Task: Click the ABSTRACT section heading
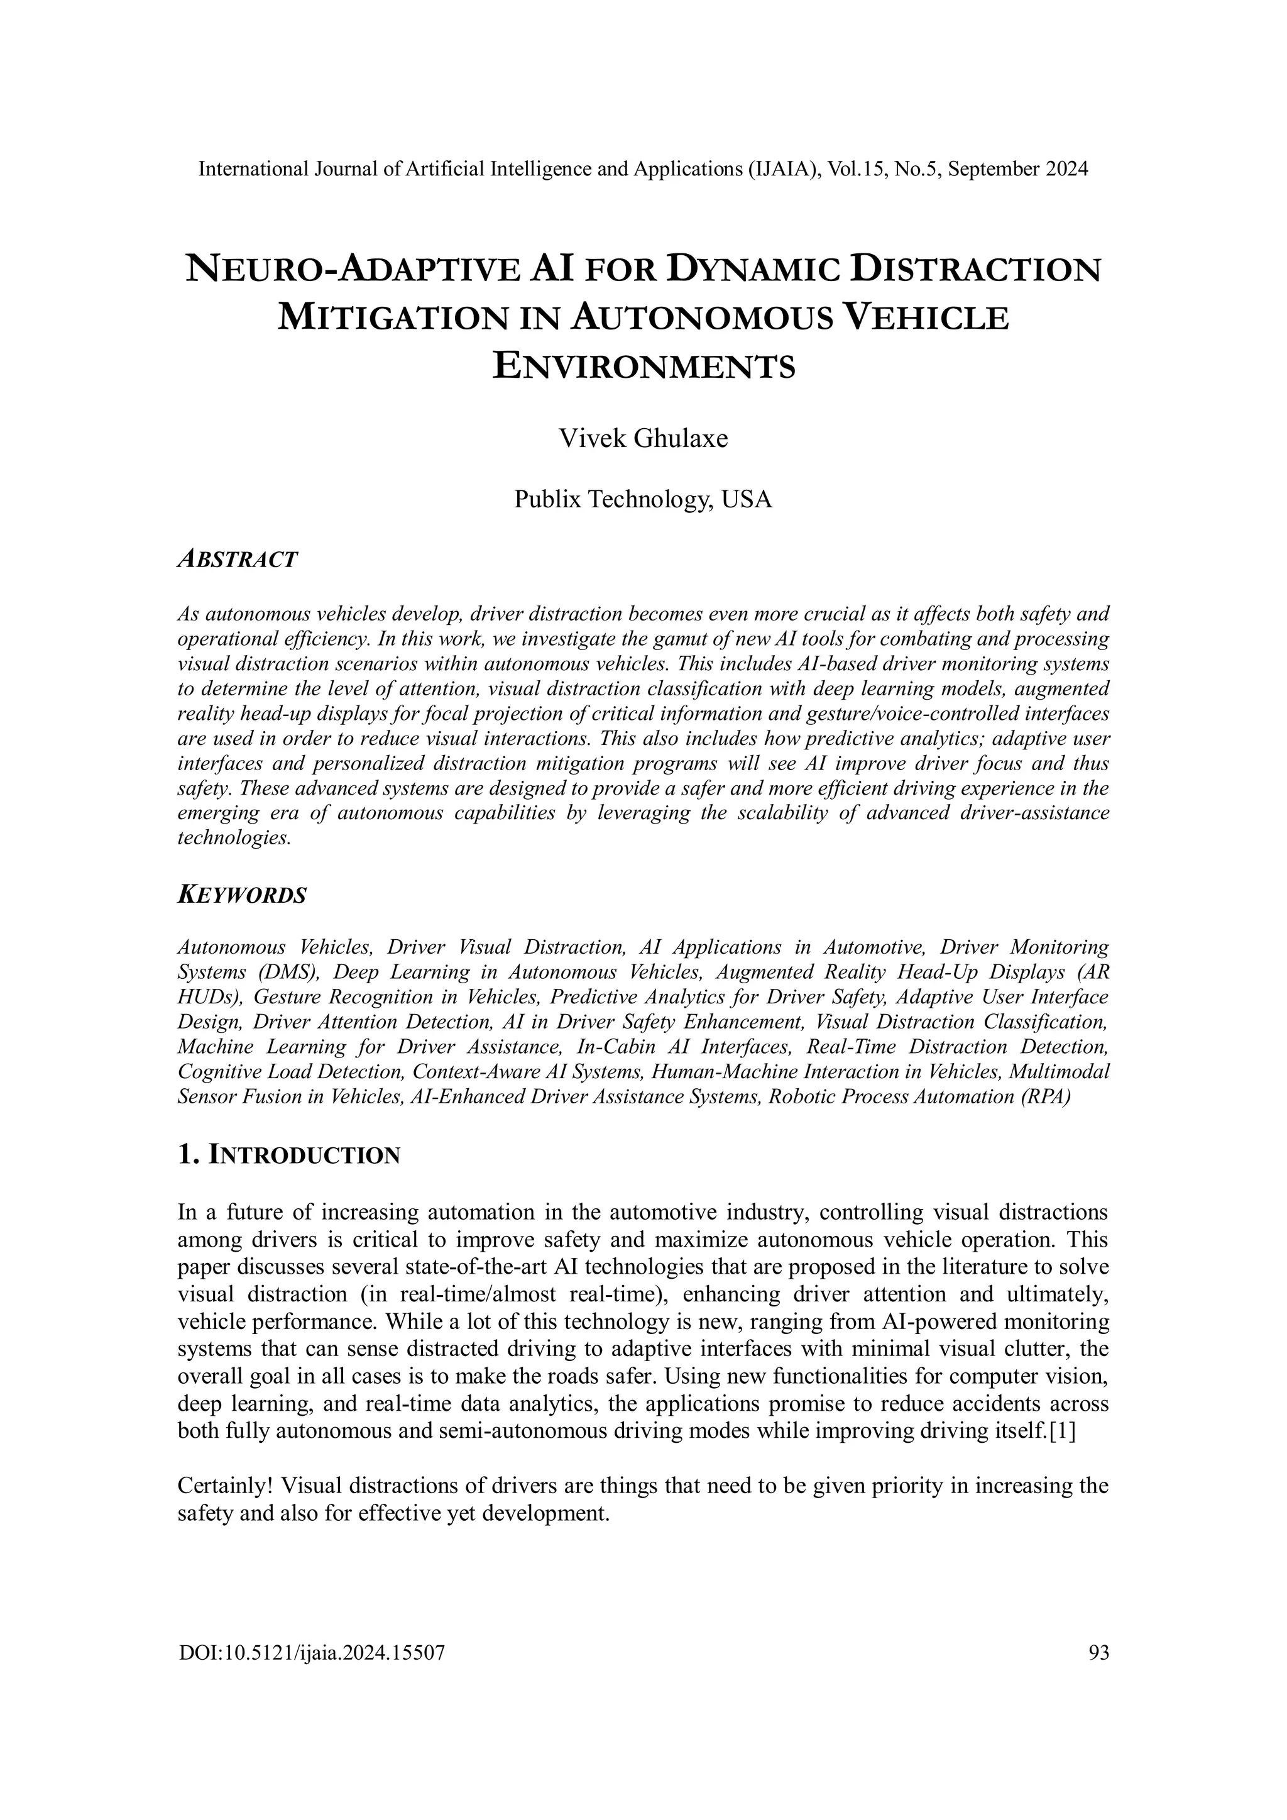point(238,560)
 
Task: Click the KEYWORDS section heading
point(242,896)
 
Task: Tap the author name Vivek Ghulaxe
point(643,438)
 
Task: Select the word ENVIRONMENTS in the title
point(643,367)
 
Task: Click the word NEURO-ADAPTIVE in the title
point(353,270)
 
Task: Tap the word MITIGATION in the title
point(392,319)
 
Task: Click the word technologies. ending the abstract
point(234,839)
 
